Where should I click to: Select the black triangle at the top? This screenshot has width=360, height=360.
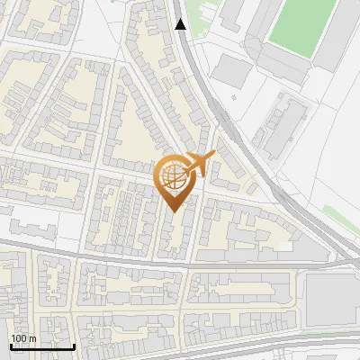[x=182, y=24]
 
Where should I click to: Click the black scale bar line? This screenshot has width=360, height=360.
[x=42, y=346]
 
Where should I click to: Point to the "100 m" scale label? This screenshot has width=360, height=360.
[x=23, y=338]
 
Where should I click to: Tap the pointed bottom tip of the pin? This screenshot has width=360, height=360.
[x=175, y=211]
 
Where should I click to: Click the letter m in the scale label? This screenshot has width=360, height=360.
[x=32, y=338]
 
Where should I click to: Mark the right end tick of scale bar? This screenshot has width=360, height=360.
[x=74, y=345]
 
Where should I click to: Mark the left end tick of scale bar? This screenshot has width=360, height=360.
[x=11, y=345]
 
